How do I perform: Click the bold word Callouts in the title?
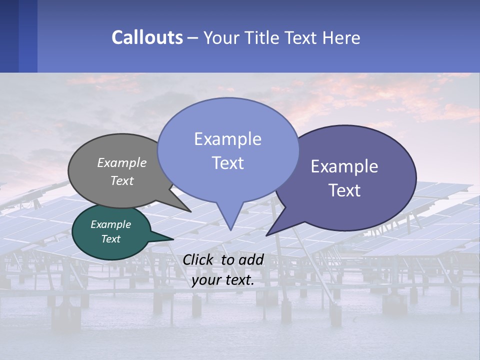point(147,37)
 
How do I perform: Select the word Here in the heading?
point(341,38)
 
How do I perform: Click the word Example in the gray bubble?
point(122,163)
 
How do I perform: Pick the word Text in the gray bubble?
point(122,180)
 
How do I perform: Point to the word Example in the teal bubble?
point(110,224)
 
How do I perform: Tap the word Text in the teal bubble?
point(110,239)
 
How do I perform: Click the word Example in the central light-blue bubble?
point(227,138)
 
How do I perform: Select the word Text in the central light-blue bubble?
point(227,163)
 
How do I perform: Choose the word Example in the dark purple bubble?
point(344,166)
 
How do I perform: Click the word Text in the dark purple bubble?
point(344,190)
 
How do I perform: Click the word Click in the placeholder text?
point(199,259)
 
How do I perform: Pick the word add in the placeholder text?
point(251,259)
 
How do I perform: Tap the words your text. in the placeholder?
point(222,280)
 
